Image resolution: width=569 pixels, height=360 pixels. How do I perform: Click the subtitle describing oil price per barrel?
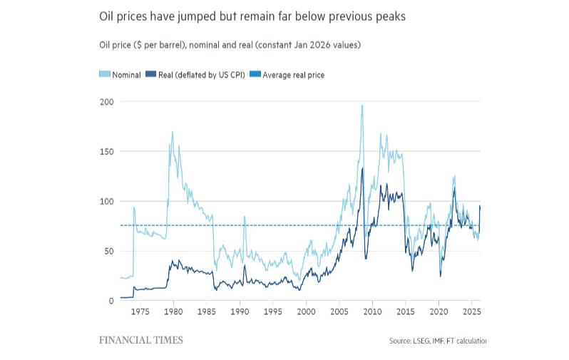(x=230, y=45)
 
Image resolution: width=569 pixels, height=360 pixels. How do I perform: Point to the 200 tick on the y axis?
(x=106, y=101)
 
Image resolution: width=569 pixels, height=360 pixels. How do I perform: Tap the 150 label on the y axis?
(x=106, y=151)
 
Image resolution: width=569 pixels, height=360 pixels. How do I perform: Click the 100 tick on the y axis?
(x=106, y=201)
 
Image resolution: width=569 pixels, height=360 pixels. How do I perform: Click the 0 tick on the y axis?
(x=111, y=301)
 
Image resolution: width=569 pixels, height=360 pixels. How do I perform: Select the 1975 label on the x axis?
(x=140, y=312)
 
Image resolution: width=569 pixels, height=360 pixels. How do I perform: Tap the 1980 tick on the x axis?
(x=173, y=312)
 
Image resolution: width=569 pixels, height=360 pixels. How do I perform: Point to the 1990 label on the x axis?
(x=240, y=312)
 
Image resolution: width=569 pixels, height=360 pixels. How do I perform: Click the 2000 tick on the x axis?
(x=306, y=312)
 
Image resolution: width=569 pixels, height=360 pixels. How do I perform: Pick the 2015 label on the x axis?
(x=405, y=312)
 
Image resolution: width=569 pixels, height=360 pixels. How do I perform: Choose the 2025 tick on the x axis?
(x=471, y=312)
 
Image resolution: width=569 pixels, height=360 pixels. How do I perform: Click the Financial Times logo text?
(x=141, y=340)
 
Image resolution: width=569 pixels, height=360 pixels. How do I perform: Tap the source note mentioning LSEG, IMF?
(x=437, y=341)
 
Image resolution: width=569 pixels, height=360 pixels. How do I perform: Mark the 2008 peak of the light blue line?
(x=362, y=106)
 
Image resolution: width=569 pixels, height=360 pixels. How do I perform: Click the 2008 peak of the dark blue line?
(x=362, y=168)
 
